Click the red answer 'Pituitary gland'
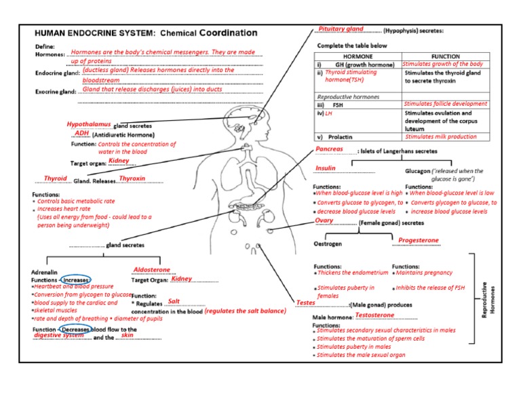pyautogui.click(x=341, y=29)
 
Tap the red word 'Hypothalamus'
pyautogui.click(x=89, y=125)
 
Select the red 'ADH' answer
pyautogui.click(x=82, y=134)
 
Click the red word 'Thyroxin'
pyautogui.click(x=132, y=178)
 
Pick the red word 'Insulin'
pyautogui.click(x=326, y=168)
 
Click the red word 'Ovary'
pyautogui.click(x=324, y=220)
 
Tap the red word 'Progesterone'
pyautogui.click(x=418, y=240)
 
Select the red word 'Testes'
pyautogui.click(x=306, y=302)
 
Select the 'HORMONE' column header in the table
pyautogui.click(x=358, y=57)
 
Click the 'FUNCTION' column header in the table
pyautogui.click(x=445, y=57)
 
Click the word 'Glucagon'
pyautogui.click(x=421, y=172)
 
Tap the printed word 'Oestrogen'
pyautogui.click(x=327, y=243)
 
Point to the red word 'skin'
pyautogui.click(x=127, y=335)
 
